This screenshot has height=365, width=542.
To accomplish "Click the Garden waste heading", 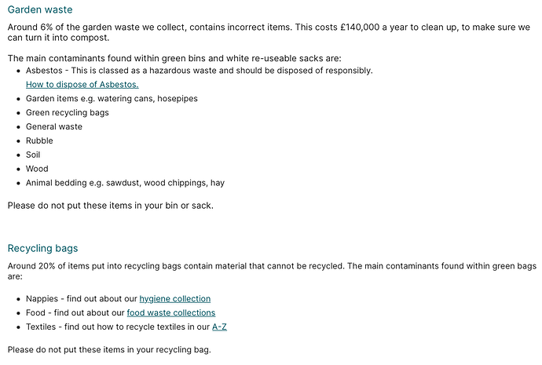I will (39, 9).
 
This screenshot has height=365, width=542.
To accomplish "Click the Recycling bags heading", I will (42, 248).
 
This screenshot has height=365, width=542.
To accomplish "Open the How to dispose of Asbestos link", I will (82, 84).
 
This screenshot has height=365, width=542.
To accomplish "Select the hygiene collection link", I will (174, 298).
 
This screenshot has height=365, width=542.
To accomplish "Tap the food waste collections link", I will (170, 312).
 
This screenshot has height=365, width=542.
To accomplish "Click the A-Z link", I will (219, 327).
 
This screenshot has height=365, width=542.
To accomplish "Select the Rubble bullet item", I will (40, 141).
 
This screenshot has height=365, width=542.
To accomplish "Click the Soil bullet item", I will (33, 155).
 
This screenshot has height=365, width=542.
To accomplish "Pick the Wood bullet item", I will (37, 169).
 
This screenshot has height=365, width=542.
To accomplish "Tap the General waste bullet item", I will (53, 126).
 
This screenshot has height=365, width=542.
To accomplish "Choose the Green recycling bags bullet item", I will (67, 112).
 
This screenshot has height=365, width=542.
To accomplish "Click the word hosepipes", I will (177, 99).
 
